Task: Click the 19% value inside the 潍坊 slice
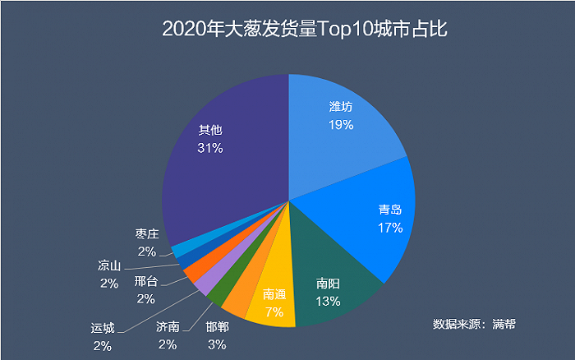(340, 125)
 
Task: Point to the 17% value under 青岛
(389, 228)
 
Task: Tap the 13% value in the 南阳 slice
(328, 301)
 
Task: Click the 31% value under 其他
(210, 148)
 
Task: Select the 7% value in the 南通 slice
(274, 312)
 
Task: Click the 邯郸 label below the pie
(218, 326)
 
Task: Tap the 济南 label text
(168, 326)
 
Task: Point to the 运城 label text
(103, 327)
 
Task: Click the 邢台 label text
(146, 282)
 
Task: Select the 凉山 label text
(109, 265)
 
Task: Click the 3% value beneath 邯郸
(217, 344)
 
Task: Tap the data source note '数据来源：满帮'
(473, 324)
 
